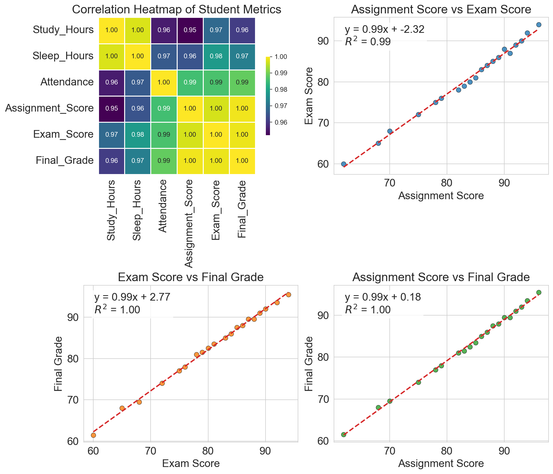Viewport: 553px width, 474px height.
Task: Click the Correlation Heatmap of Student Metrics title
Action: (x=177, y=10)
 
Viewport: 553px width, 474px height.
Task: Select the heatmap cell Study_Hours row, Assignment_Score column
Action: (x=190, y=30)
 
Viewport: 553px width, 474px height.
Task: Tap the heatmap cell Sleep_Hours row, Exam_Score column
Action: (x=216, y=56)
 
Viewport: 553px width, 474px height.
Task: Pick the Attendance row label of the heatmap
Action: (x=67, y=82)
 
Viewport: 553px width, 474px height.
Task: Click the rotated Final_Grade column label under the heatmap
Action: (x=242, y=209)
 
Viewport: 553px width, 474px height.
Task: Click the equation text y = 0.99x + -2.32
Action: (x=384, y=30)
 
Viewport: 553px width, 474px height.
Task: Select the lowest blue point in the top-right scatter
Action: (x=344, y=164)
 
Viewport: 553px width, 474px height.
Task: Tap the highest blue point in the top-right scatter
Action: (x=539, y=25)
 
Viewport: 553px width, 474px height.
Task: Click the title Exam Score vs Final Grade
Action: (x=191, y=277)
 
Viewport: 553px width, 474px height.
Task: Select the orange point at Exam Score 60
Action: (x=93, y=435)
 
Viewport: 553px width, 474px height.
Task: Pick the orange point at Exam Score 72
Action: (x=162, y=383)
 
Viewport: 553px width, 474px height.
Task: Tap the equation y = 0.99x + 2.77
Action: (x=132, y=297)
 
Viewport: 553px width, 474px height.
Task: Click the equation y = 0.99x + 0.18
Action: (x=383, y=297)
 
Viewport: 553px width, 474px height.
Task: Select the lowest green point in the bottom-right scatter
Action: (x=344, y=434)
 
